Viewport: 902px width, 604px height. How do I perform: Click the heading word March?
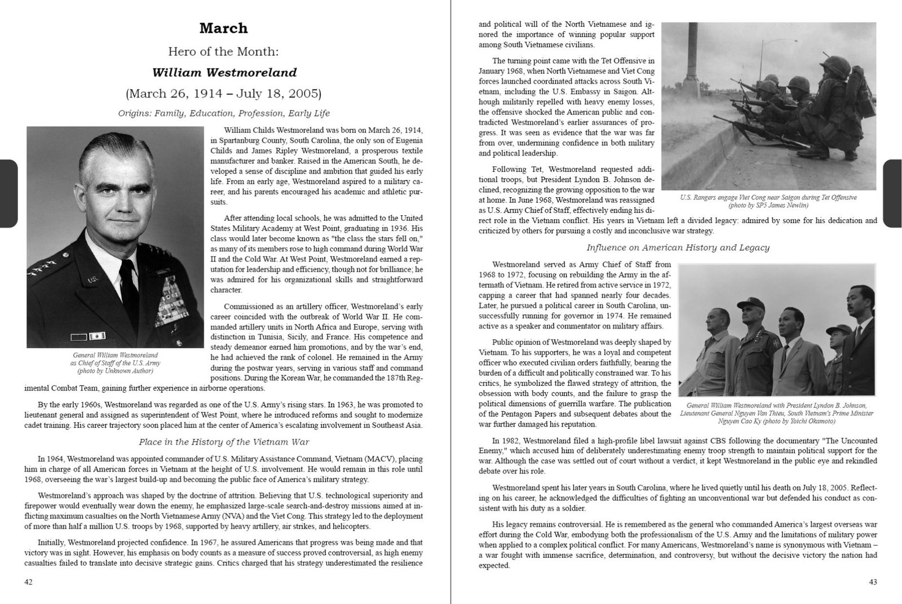[224, 28]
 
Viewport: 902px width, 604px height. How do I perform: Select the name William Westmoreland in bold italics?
[224, 72]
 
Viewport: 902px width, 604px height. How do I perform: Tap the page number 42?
[28, 583]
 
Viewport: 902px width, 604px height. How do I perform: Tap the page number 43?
[873, 583]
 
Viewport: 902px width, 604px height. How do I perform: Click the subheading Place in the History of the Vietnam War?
[224, 442]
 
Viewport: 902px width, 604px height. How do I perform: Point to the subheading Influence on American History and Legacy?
[678, 247]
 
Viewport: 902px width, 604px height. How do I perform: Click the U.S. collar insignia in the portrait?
[92, 279]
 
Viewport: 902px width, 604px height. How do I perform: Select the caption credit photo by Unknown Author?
[115, 371]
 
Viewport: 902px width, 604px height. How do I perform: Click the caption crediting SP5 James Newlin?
[768, 205]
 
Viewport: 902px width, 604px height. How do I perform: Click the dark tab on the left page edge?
[8, 193]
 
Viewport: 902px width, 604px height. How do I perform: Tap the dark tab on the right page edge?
[893, 193]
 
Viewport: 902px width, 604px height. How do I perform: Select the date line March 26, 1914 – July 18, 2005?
[224, 93]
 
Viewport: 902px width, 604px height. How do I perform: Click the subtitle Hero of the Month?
[224, 51]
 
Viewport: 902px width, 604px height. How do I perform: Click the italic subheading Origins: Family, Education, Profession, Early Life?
[224, 113]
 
